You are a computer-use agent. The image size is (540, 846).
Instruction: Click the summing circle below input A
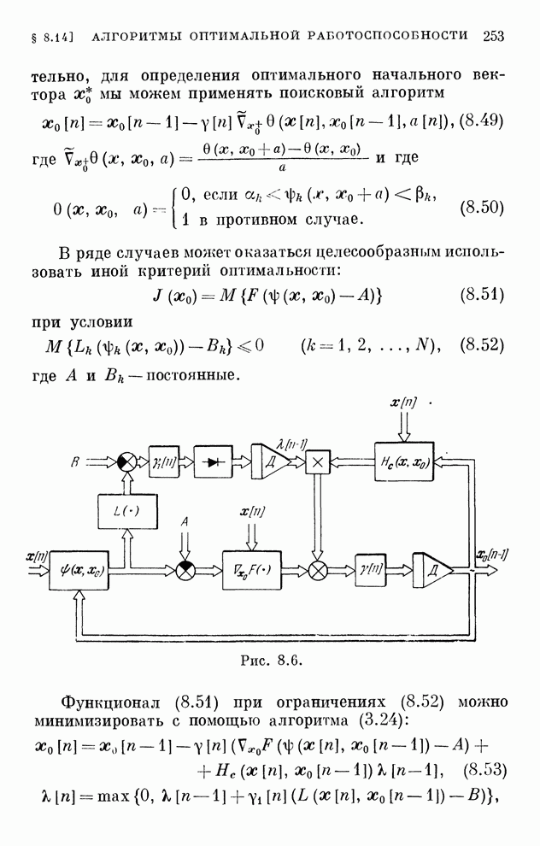click(185, 570)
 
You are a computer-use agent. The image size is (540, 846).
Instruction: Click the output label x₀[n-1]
click(493, 554)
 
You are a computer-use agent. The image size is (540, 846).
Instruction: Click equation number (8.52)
click(483, 346)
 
